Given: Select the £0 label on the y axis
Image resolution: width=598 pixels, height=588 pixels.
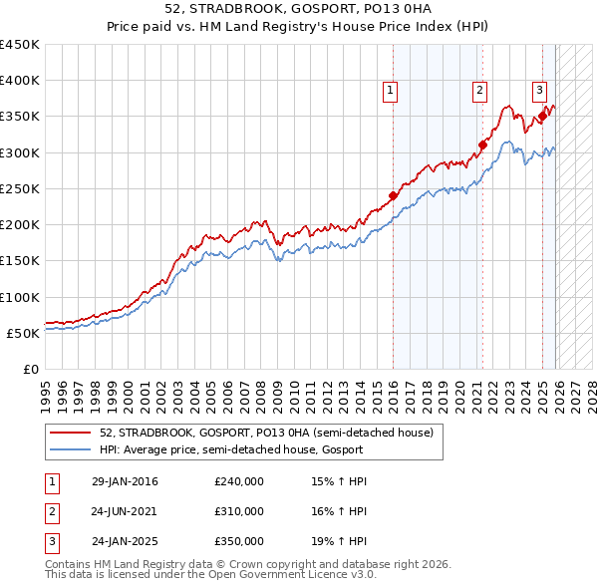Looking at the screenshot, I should (30, 369).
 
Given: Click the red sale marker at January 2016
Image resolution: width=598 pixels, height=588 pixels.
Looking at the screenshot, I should (393, 195).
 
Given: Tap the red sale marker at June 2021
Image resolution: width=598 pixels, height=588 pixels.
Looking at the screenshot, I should (483, 145).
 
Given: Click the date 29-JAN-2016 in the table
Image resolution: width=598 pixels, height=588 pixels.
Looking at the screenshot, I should (125, 482).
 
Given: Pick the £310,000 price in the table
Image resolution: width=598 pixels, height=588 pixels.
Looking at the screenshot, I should (239, 511).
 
